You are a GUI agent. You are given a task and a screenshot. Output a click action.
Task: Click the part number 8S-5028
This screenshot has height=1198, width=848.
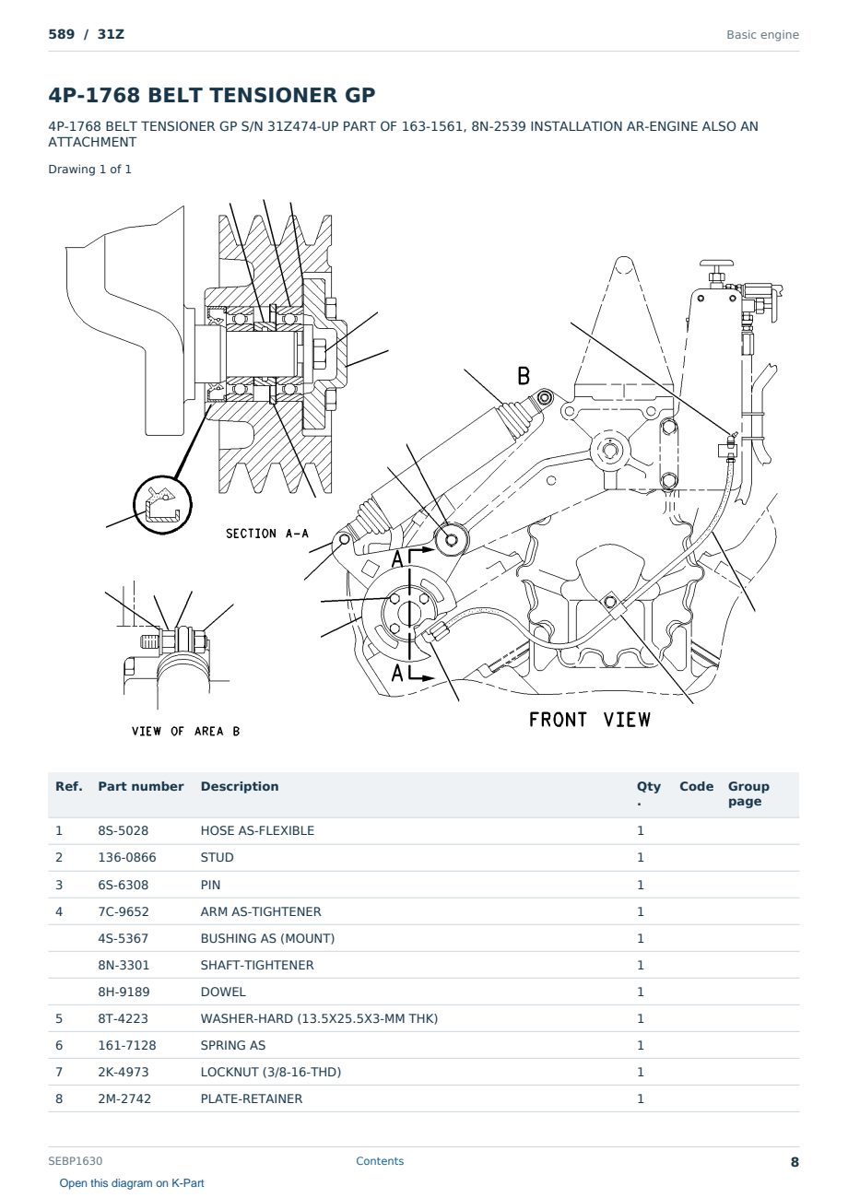(x=124, y=830)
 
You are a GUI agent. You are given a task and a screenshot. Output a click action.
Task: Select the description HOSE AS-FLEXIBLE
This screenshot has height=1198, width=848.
(x=257, y=830)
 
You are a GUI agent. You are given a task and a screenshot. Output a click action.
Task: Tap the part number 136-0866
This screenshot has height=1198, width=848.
(x=127, y=857)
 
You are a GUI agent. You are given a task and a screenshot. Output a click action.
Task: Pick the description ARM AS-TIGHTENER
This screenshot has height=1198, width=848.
(x=261, y=911)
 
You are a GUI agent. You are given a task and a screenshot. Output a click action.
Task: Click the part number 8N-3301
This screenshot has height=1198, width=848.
(x=124, y=965)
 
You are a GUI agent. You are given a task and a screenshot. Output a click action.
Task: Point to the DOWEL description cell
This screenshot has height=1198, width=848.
(x=223, y=992)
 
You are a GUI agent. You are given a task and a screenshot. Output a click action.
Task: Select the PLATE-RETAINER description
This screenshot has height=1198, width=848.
(x=252, y=1098)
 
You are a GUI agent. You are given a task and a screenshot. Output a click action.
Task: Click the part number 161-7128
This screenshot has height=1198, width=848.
(x=127, y=1045)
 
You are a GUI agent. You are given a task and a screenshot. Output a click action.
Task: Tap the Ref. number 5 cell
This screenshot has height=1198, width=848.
(x=59, y=1018)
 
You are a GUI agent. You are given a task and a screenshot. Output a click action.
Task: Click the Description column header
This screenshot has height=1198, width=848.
(x=240, y=786)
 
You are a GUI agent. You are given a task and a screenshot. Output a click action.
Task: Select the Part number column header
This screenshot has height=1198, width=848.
(x=141, y=786)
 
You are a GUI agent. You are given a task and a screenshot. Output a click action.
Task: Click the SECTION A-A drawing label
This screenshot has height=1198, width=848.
(x=267, y=534)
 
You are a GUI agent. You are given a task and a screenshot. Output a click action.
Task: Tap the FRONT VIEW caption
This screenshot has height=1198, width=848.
(x=590, y=720)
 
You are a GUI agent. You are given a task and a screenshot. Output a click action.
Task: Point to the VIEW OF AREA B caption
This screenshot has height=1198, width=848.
(x=185, y=731)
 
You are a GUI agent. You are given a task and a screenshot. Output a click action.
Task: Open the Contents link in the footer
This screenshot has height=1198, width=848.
(x=380, y=1161)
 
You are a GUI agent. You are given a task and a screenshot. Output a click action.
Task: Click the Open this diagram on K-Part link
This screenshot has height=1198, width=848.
(x=132, y=1183)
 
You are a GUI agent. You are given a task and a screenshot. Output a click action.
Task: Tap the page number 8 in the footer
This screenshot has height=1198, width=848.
(x=795, y=1162)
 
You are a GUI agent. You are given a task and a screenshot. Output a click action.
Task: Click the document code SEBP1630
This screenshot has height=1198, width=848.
(x=76, y=1160)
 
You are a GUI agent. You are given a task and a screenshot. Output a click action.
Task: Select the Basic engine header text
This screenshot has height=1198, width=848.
(x=762, y=35)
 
